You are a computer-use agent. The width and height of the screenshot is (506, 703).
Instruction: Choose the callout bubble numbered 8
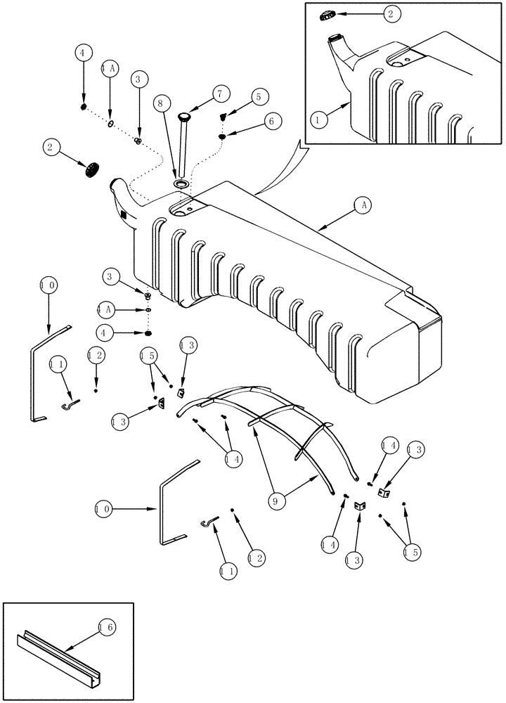[x=162, y=104]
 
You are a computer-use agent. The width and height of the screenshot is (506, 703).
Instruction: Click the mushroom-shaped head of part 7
[x=185, y=116]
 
